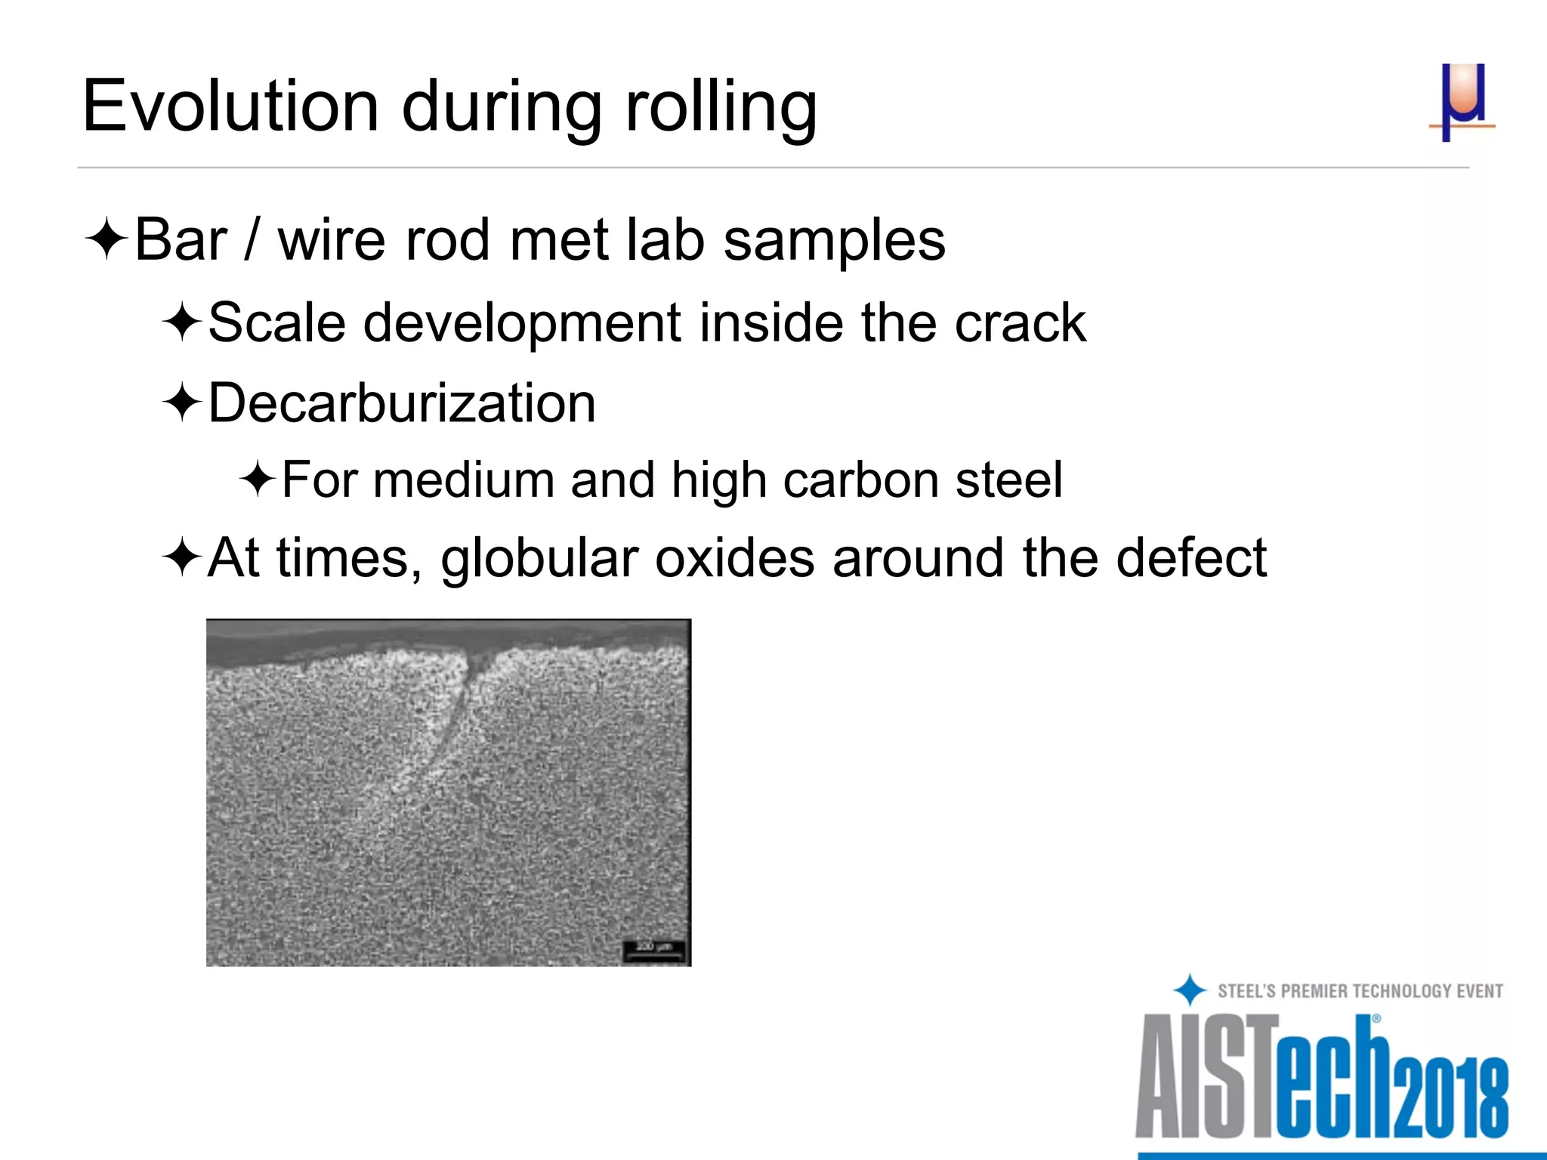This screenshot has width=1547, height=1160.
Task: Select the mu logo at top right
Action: pyautogui.click(x=1462, y=103)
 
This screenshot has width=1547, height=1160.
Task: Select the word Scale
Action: pyautogui.click(x=276, y=322)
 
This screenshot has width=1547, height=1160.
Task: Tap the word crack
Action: pyautogui.click(x=1020, y=323)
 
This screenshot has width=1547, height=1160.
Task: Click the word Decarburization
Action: pyautogui.click(x=402, y=403)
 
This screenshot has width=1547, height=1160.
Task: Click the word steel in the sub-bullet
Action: pyautogui.click(x=1008, y=480)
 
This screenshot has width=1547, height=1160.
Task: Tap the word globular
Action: pyautogui.click(x=539, y=560)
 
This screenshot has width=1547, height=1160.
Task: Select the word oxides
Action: pyautogui.click(x=734, y=558)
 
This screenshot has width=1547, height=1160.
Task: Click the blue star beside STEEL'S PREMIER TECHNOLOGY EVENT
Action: pyautogui.click(x=1190, y=990)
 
